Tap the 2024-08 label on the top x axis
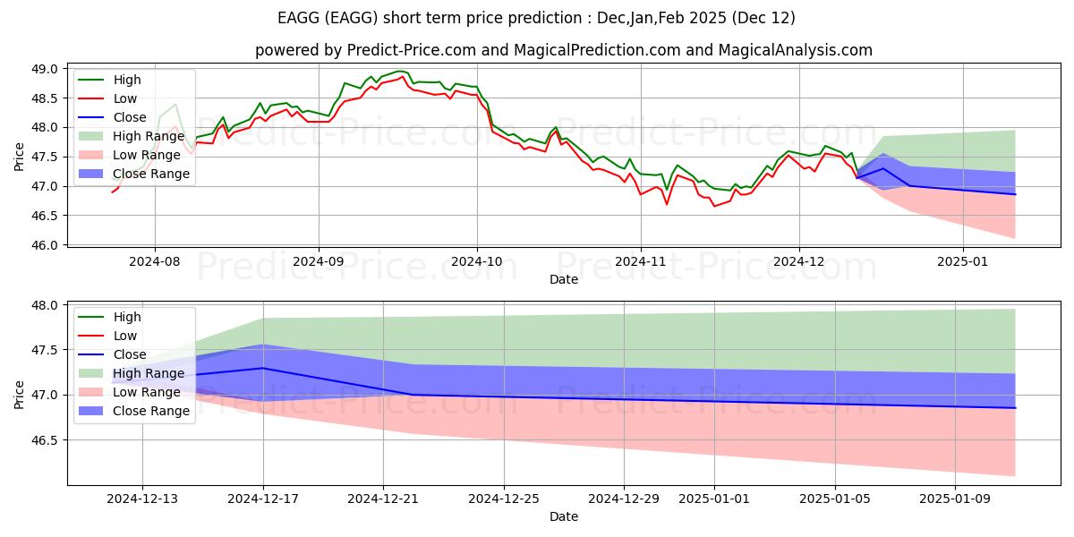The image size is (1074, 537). coord(155,261)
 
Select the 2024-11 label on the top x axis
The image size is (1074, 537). coord(640,261)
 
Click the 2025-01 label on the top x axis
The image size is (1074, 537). coord(963,261)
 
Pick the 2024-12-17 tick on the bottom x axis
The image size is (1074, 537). coord(263,498)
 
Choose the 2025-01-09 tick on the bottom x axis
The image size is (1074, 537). coord(956,498)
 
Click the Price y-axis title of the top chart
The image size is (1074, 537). coord(20,157)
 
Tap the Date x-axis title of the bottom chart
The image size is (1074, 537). coord(564,516)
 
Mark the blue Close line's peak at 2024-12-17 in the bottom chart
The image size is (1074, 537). coord(263,368)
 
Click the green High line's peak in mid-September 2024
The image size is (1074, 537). coord(400,71)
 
